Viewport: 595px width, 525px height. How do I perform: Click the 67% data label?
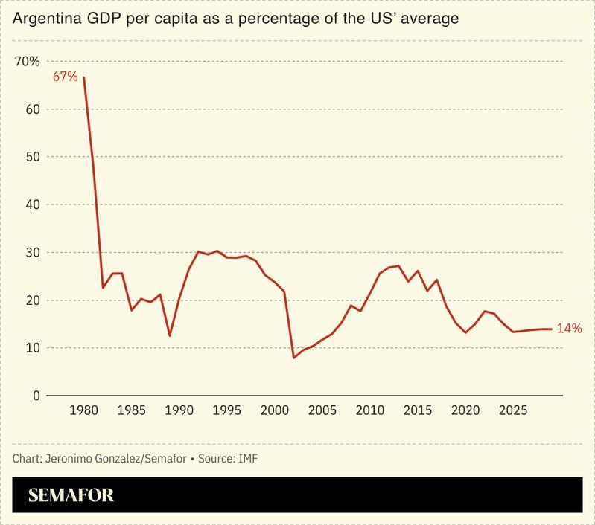[65, 77]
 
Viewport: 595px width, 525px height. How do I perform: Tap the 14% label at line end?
[569, 328]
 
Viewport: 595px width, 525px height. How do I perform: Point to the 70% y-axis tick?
[28, 61]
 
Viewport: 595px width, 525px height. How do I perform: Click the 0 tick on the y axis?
[35, 396]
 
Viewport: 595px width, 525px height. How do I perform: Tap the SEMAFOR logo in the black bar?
[71, 496]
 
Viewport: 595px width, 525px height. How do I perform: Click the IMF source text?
[249, 458]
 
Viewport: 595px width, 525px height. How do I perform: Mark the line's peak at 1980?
[83, 77]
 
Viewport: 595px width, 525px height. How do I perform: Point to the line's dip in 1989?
[170, 335]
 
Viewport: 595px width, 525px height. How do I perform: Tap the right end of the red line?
[551, 329]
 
